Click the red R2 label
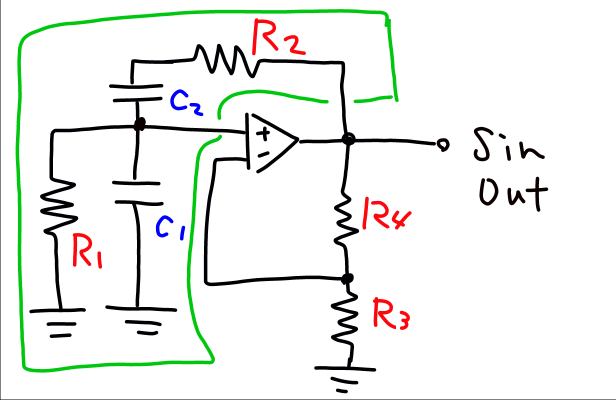pyautogui.click(x=278, y=37)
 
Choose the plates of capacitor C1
pyautogui.click(x=137, y=192)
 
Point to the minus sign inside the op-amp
pyautogui.click(x=263, y=153)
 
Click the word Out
pyautogui.click(x=512, y=192)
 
